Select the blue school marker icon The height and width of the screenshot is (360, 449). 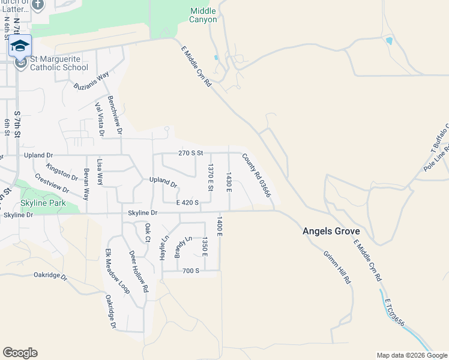[20, 46]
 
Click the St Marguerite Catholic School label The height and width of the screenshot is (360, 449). [59, 63]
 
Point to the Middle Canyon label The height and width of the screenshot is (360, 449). [203, 15]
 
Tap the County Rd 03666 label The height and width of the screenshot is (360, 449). [257, 176]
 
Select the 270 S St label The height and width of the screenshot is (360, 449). [192, 154]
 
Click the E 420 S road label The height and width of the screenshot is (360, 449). [187, 203]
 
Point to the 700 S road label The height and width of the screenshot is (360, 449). [191, 271]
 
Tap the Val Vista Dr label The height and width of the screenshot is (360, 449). [99, 119]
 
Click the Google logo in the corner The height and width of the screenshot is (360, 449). [20, 353]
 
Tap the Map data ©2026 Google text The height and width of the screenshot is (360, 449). [411, 355]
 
